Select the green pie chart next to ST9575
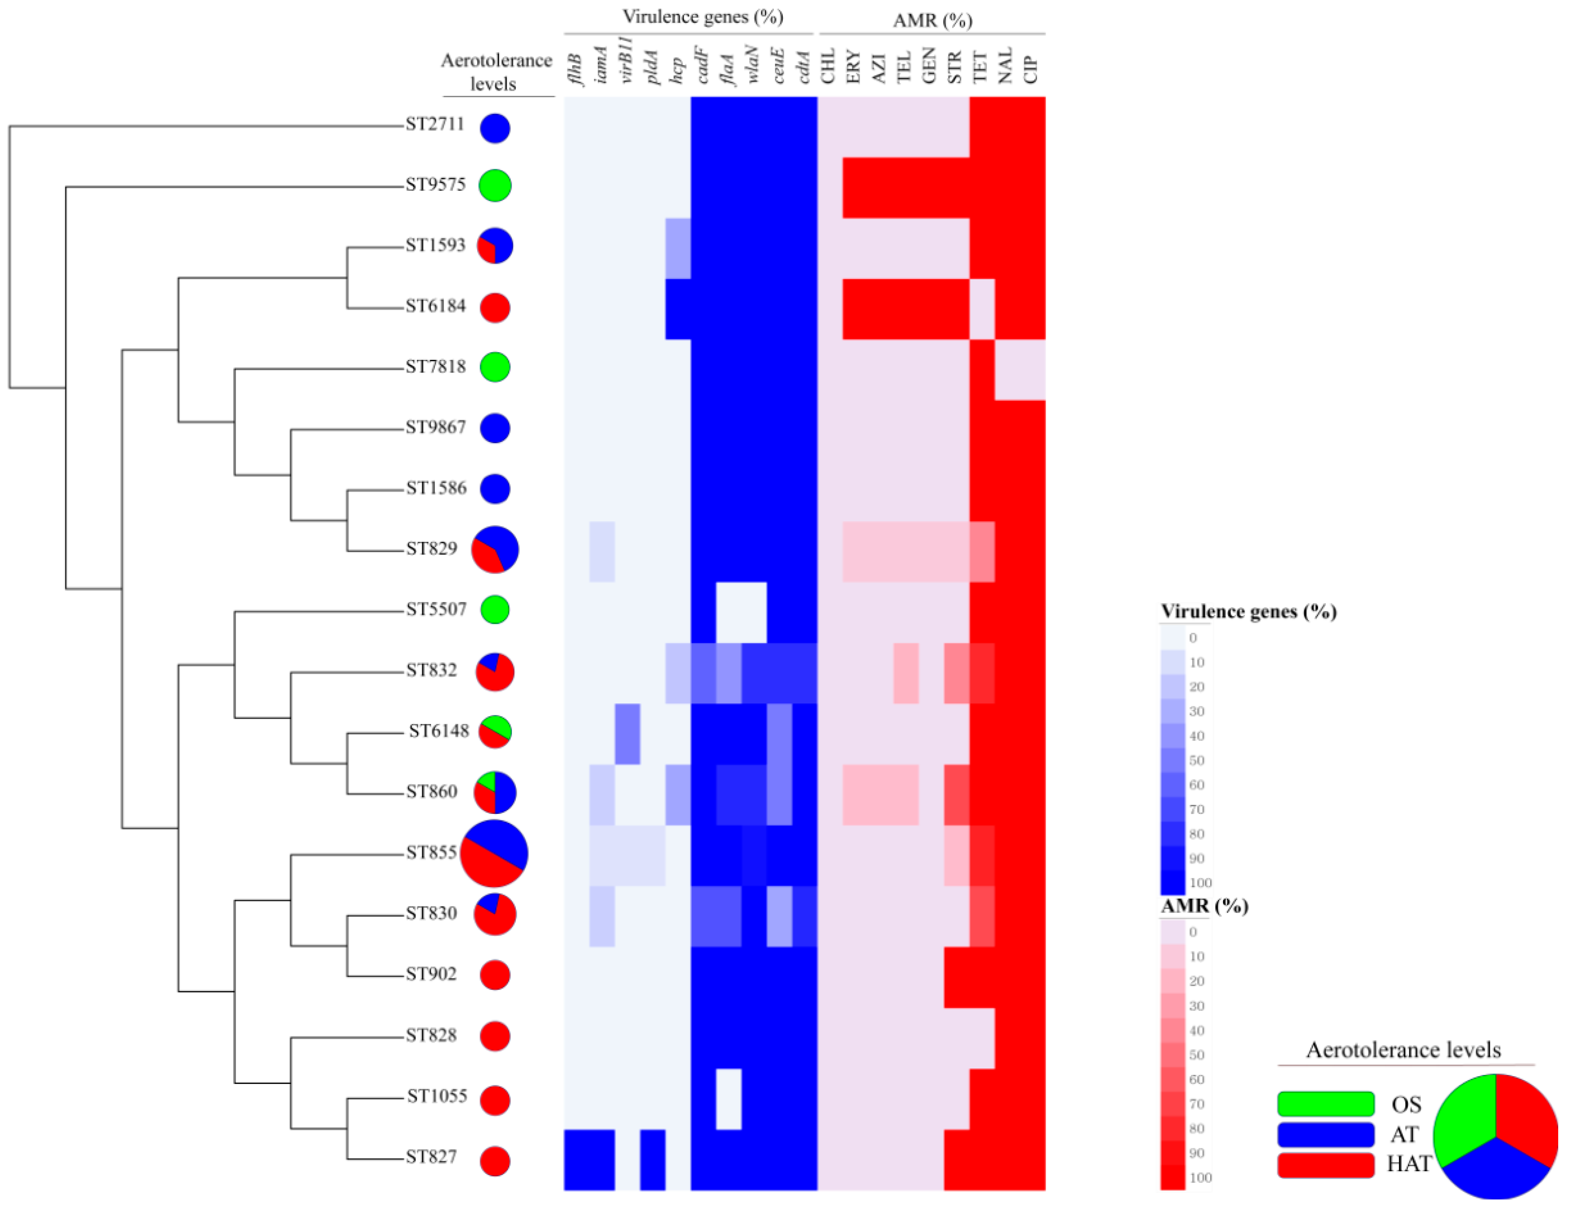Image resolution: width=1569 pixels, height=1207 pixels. point(495,185)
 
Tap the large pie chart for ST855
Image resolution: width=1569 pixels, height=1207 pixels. point(494,853)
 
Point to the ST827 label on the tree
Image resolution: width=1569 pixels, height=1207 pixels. point(431,1157)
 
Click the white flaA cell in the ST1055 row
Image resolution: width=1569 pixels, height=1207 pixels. point(729,1099)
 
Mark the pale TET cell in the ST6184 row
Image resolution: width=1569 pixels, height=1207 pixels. point(982,309)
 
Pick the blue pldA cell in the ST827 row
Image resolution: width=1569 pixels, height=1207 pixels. point(652,1160)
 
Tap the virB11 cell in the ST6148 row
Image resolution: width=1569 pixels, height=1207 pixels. point(627,734)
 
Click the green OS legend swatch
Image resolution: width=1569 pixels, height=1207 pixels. point(1325,1103)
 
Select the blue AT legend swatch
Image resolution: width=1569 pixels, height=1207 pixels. point(1325,1135)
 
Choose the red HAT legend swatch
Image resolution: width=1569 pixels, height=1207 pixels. point(1325,1165)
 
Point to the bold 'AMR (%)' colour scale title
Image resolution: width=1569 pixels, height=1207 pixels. point(1204,906)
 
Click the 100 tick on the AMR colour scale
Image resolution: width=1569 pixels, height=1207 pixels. point(1200,1178)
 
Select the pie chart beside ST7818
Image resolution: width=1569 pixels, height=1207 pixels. point(495,367)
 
